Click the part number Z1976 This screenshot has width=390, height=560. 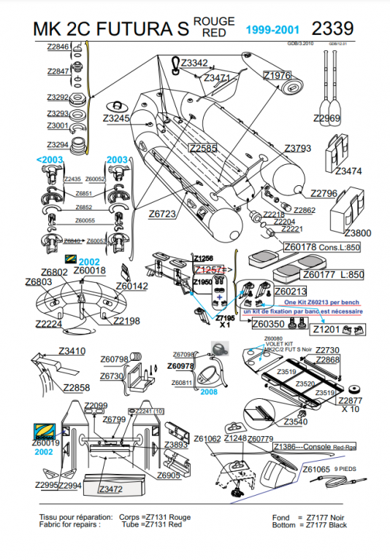pyautogui.click(x=278, y=76)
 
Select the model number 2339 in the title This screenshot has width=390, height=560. pyautogui.click(x=332, y=28)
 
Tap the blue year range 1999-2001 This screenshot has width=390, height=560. pyautogui.click(x=272, y=30)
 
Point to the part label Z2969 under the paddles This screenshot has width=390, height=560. pyautogui.click(x=326, y=118)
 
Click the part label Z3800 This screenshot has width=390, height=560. pyautogui.click(x=358, y=233)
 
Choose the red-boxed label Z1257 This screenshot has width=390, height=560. pyautogui.click(x=208, y=268)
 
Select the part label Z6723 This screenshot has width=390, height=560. pyautogui.click(x=162, y=214)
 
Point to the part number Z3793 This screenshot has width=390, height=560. pyautogui.click(x=297, y=148)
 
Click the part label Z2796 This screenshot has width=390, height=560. pyautogui.click(x=324, y=193)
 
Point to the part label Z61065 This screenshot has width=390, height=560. pyautogui.click(x=316, y=469)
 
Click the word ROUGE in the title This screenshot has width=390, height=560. pyautogui.click(x=215, y=22)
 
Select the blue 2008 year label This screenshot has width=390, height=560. pyautogui.click(x=209, y=391)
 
